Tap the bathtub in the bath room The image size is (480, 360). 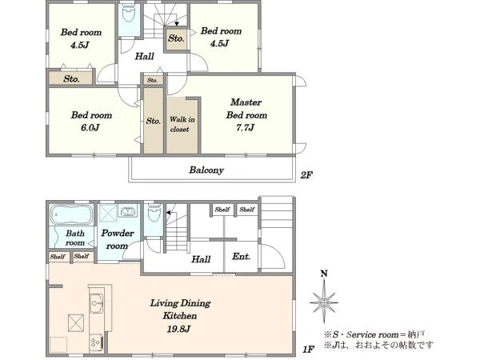[x=71, y=214]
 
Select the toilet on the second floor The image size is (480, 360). [x=128, y=14]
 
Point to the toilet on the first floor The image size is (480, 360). [x=154, y=213]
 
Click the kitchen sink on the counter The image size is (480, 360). [x=97, y=303]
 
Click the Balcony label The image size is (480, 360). [x=206, y=170]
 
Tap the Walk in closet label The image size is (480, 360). [x=182, y=124]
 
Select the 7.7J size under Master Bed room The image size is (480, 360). [x=246, y=128]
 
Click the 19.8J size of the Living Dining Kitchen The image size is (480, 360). [x=178, y=329]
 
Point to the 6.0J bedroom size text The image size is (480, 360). [x=90, y=128]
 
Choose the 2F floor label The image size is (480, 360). [x=306, y=175]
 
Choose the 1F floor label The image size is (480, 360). [x=308, y=349]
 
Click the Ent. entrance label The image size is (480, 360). [x=241, y=256]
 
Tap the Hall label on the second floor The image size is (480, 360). [x=145, y=56]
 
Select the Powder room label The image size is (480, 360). [x=118, y=239]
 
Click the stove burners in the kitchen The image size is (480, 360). [x=97, y=342]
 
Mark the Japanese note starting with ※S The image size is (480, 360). [x=374, y=334]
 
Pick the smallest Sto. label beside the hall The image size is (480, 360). [x=153, y=81]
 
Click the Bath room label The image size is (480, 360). [x=75, y=238]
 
